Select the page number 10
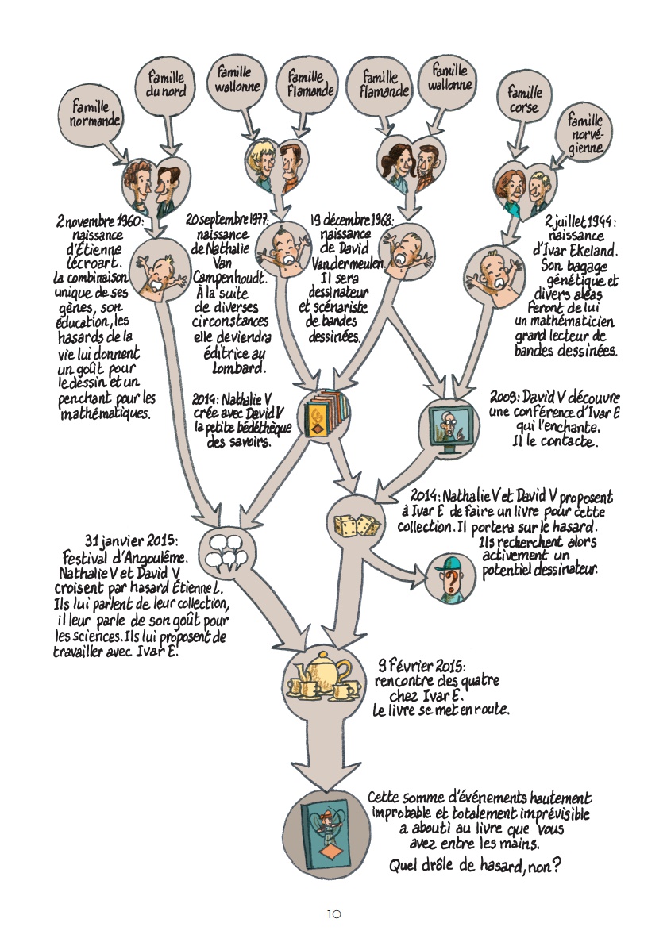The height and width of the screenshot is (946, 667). click(333, 914)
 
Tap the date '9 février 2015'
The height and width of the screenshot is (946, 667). click(422, 666)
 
